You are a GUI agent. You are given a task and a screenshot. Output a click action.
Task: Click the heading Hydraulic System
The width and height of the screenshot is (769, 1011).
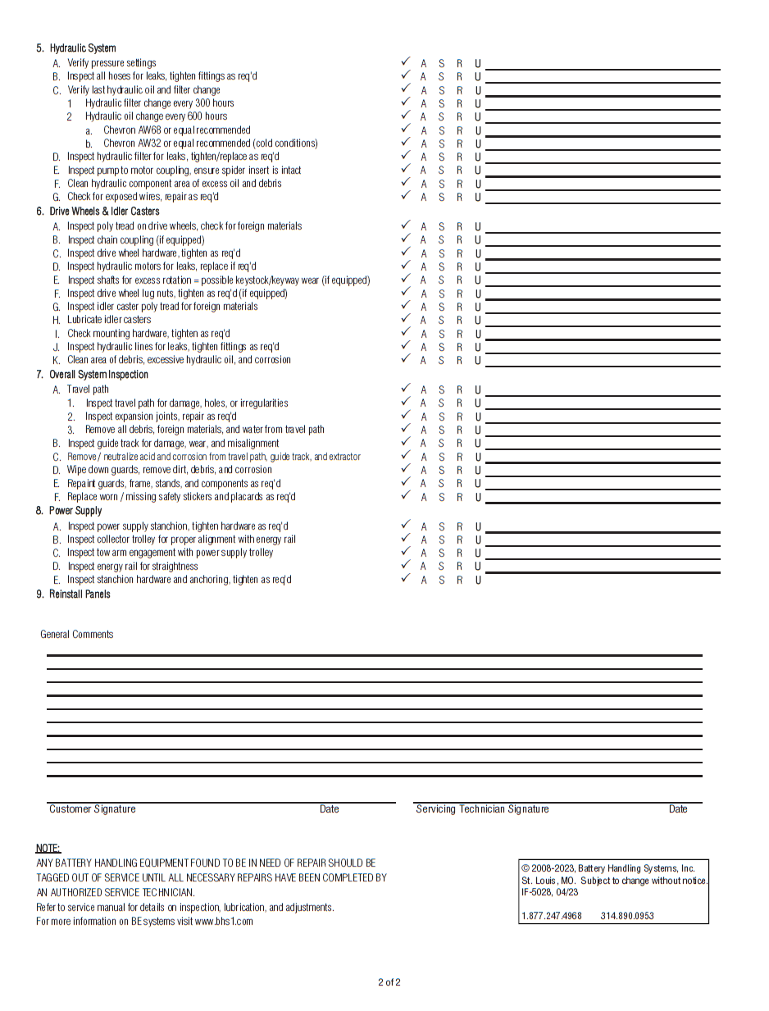coord(83,48)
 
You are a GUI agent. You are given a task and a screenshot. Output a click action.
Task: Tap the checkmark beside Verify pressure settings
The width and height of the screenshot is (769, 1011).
coord(405,62)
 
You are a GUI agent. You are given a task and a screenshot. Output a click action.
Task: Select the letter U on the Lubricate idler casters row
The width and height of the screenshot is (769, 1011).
coord(478,321)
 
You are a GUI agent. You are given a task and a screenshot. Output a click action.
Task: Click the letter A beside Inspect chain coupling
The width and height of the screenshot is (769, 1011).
coord(424,240)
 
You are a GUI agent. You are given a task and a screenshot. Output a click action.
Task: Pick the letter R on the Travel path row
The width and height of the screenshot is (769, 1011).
coord(459,390)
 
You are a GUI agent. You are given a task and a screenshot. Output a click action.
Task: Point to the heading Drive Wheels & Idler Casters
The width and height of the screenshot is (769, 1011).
coord(104,212)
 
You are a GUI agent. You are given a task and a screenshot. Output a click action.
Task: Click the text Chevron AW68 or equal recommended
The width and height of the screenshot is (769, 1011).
coord(176,130)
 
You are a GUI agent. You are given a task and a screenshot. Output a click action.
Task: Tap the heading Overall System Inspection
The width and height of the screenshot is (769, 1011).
coord(98,375)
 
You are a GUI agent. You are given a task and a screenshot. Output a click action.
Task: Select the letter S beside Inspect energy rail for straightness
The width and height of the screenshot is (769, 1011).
coord(441,567)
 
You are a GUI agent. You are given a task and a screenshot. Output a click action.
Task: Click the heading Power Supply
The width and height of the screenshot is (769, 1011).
coord(75,511)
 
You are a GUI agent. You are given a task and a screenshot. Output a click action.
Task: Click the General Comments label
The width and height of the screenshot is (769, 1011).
coord(77,635)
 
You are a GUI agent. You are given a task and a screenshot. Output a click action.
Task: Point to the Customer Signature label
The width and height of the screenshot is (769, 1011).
coord(93,809)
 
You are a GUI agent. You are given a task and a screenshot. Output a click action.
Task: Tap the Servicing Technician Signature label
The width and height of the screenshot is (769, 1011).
coord(482,809)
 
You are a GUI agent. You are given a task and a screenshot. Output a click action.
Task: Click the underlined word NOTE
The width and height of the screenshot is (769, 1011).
coord(48,849)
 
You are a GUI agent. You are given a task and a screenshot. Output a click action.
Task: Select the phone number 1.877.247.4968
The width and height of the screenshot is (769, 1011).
coord(552,916)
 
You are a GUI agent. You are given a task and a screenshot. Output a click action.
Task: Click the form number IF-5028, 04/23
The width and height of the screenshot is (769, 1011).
coord(549,892)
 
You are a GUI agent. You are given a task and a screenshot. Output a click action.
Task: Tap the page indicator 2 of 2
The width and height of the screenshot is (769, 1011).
coord(389,982)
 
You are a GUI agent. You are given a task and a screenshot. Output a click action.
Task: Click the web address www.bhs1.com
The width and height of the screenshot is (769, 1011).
coord(224,922)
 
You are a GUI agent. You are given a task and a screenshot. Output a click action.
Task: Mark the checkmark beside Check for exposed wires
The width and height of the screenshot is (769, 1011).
coord(405,196)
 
